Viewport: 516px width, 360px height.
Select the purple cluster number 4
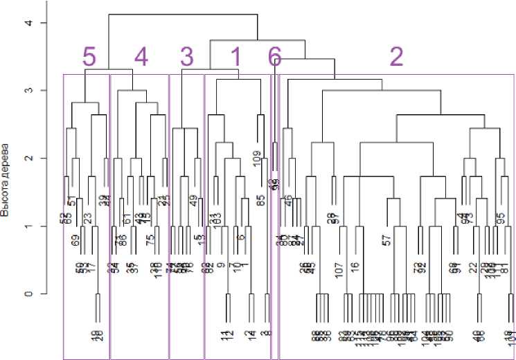point(141,57)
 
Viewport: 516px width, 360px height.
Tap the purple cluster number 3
point(186,57)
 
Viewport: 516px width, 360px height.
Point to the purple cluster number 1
point(235,57)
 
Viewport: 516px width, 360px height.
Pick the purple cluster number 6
point(275,57)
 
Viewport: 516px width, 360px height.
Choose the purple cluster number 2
point(395,57)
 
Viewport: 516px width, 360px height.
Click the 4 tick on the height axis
point(28,24)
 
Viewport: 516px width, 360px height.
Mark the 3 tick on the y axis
point(28,91)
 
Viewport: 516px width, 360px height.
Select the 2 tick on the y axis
point(28,159)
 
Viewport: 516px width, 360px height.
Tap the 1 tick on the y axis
point(28,226)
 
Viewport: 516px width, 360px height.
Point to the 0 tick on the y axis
point(28,294)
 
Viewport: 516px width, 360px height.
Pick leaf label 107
point(339,268)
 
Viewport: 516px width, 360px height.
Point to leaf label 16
point(355,269)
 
